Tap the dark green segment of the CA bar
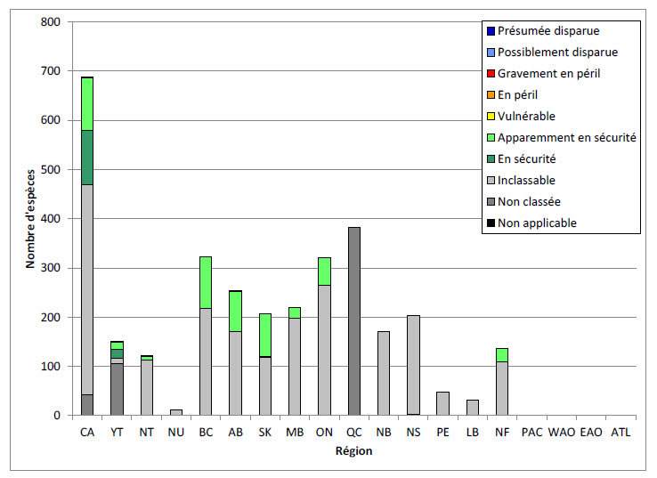pyautogui.click(x=87, y=157)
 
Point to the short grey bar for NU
pyautogui.click(x=176, y=412)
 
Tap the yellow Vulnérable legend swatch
pyautogui.click(x=488, y=116)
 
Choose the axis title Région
pyautogui.click(x=353, y=450)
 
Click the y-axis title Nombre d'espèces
pyautogui.click(x=28, y=217)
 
